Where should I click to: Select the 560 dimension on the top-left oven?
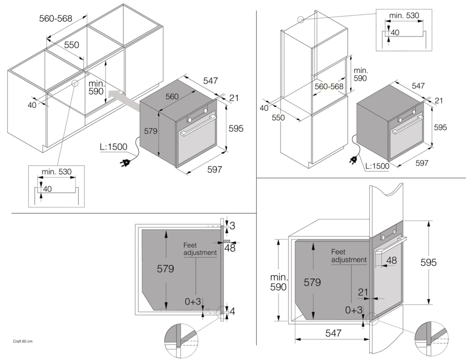coord(172,96)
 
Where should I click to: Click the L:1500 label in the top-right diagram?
coord(377,166)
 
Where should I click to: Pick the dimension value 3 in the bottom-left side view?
coord(233,225)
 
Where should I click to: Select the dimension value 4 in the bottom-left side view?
coord(233,310)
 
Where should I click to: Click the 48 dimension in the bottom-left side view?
coord(230,248)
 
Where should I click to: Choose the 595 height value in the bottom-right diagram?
coord(427,262)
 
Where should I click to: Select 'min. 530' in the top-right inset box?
coord(404,15)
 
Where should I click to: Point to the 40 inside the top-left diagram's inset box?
coord(48,189)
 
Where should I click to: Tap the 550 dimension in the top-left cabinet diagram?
coord(71,45)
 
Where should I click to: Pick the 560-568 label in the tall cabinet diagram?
coord(329,87)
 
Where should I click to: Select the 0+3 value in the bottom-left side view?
coord(192,301)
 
